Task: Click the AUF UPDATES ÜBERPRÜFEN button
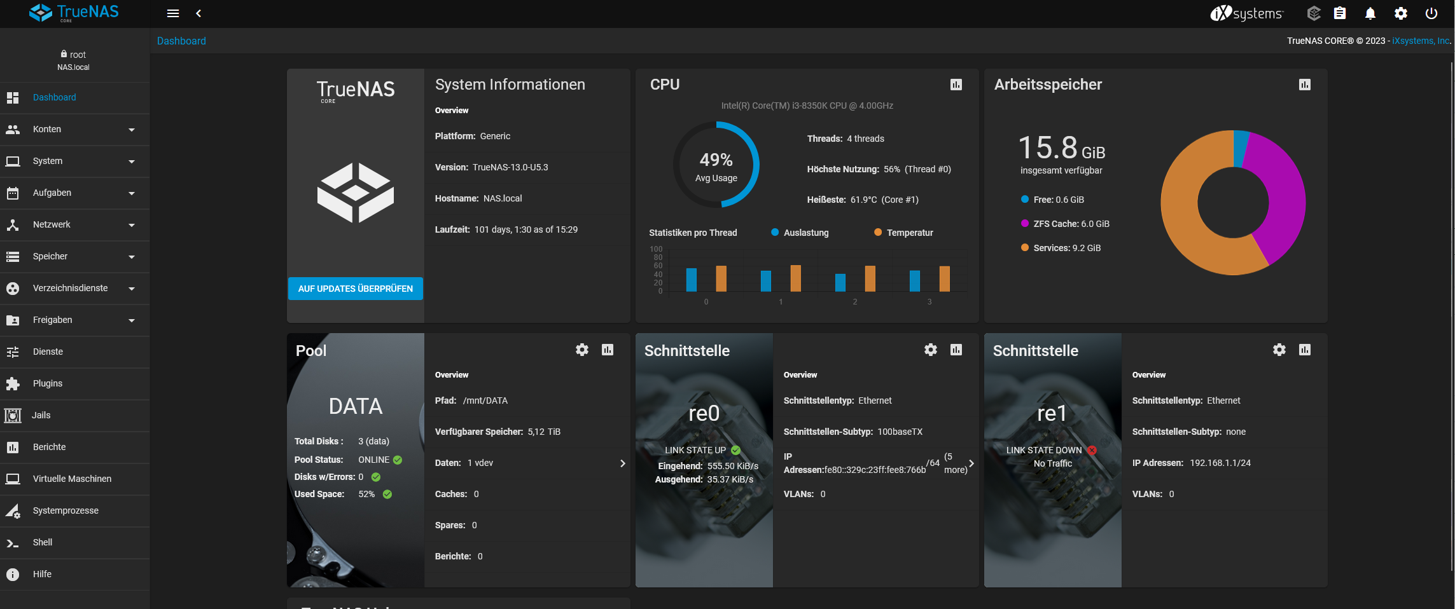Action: pyautogui.click(x=355, y=289)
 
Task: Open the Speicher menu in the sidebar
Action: pyautogui.click(x=50, y=256)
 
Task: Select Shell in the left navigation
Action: pyautogui.click(x=43, y=542)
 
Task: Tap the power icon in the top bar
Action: pyautogui.click(x=1431, y=13)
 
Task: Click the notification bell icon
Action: pyautogui.click(x=1370, y=13)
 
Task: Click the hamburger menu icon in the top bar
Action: pyautogui.click(x=172, y=13)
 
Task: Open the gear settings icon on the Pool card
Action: pyautogui.click(x=581, y=350)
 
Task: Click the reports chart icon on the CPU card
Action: pyautogui.click(x=956, y=85)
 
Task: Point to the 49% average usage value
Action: pyautogui.click(x=716, y=160)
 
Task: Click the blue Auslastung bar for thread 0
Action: pyautogui.click(x=691, y=280)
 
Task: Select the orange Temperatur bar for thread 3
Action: pyautogui.click(x=944, y=278)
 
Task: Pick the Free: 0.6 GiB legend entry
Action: pyautogui.click(x=1058, y=200)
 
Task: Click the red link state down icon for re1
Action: pyautogui.click(x=1092, y=450)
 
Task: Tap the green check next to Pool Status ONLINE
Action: pyautogui.click(x=398, y=460)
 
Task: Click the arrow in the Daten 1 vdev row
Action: pyautogui.click(x=622, y=463)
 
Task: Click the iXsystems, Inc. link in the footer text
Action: pyautogui.click(x=1420, y=41)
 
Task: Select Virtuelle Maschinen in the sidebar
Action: pyautogui.click(x=72, y=479)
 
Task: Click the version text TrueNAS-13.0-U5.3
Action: pyautogui.click(x=510, y=167)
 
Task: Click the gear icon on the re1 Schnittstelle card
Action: pyautogui.click(x=1279, y=350)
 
